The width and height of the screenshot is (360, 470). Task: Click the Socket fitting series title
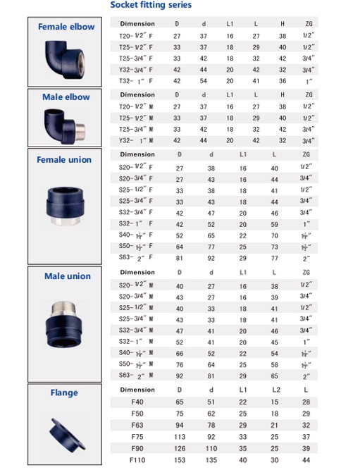151,5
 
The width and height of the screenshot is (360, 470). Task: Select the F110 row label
137,459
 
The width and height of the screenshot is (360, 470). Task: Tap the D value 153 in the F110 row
179,459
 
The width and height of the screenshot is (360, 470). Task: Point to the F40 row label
137,402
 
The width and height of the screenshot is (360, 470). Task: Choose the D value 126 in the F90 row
179,447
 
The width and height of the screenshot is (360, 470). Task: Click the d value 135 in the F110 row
211,459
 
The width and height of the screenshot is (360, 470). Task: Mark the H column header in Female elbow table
283,24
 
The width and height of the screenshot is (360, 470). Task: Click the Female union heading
64,159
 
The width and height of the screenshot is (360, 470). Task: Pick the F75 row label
137,436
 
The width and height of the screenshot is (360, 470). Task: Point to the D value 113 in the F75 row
179,436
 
